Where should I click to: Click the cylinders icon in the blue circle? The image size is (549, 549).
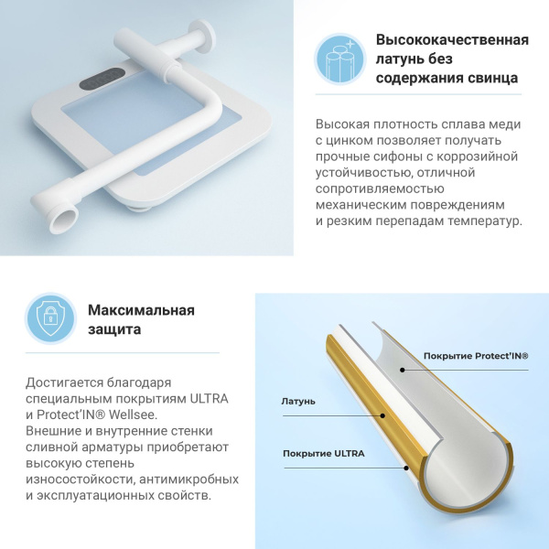click(340, 59)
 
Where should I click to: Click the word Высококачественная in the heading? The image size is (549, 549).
click(452, 40)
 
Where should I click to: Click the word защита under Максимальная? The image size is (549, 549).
click(114, 328)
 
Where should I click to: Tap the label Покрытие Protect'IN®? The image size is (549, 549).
click(476, 356)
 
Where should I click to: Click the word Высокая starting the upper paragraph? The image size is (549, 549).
click(343, 124)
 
